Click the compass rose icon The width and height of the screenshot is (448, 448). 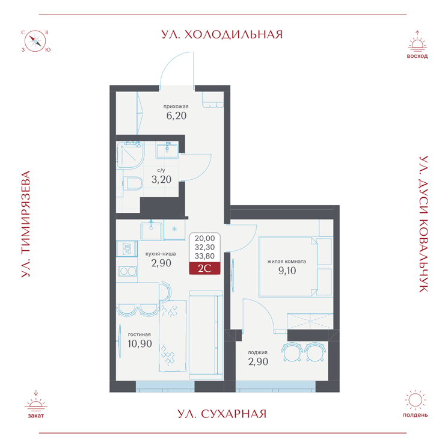point(35,41)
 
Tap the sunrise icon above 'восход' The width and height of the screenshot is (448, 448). point(417,41)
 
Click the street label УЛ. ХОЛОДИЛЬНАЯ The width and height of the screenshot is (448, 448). point(222,34)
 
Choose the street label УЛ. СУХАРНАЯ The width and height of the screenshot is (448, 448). point(222,414)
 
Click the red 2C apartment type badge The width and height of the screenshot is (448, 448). point(204,269)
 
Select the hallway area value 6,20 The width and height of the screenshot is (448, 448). point(176,117)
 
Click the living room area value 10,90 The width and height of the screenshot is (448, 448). point(140,344)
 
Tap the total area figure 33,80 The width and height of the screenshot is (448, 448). point(204,255)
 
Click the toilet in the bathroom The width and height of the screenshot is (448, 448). point(132,183)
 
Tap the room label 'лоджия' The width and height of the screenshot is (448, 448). point(257,352)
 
